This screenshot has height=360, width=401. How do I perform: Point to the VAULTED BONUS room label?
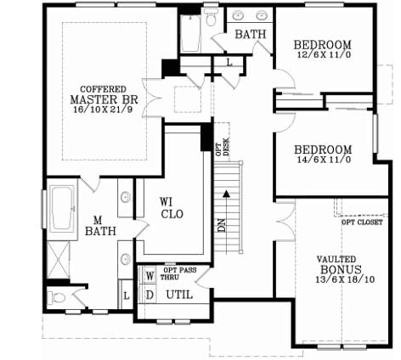(336, 267)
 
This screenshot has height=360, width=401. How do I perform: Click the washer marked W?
(150, 276)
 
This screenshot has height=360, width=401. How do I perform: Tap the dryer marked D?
(150, 294)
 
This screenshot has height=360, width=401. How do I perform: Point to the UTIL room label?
(178, 295)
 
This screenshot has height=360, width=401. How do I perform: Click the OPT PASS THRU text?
(181, 273)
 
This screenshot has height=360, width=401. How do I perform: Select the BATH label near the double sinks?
(250, 35)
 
